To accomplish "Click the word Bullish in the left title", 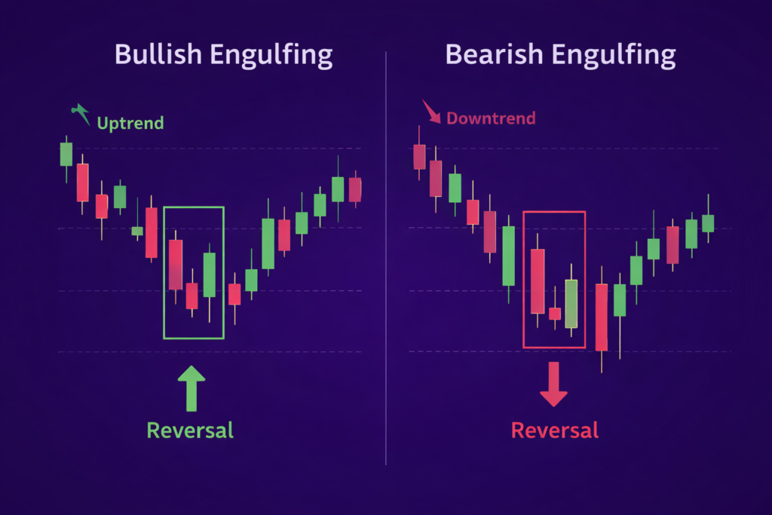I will (x=157, y=55).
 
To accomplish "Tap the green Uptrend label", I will (x=130, y=122).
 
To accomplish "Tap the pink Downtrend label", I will (x=491, y=118).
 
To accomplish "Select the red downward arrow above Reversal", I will (x=553, y=383).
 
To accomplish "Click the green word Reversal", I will (x=190, y=431).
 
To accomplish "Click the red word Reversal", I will (x=555, y=431).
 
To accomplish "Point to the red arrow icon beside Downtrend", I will (x=432, y=112).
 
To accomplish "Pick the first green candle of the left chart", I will (x=66, y=154).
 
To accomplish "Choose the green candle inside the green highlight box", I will (x=210, y=274).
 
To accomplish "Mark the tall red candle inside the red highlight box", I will (x=538, y=280).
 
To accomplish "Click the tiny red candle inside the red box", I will (x=555, y=313).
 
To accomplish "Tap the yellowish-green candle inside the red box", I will (x=571, y=303).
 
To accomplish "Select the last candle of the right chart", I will (x=708, y=222).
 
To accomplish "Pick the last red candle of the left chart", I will (x=355, y=189).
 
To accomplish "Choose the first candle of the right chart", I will (x=419, y=157).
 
